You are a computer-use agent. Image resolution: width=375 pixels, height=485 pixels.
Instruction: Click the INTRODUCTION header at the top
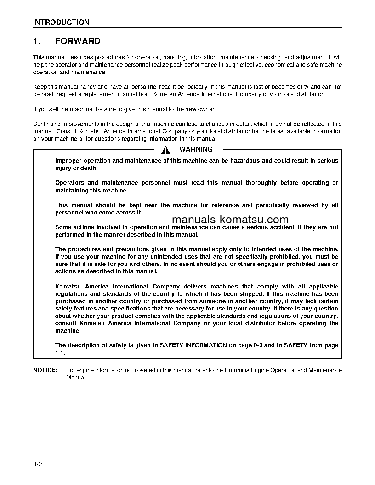61,22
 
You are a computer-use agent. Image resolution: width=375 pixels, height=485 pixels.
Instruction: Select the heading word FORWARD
78,41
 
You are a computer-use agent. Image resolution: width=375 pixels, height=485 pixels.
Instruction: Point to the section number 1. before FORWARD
37,41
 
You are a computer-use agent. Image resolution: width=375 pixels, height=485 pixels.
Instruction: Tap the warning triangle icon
166,149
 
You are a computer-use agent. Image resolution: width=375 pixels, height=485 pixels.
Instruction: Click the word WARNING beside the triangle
196,149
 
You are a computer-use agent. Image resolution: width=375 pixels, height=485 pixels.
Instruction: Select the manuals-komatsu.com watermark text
230,220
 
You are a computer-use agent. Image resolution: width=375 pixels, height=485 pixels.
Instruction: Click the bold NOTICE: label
45,370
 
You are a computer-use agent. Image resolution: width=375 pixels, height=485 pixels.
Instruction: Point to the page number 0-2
38,465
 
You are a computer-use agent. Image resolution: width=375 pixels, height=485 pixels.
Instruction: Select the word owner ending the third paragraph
205,109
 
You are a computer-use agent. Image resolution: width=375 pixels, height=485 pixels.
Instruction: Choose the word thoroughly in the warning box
261,183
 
